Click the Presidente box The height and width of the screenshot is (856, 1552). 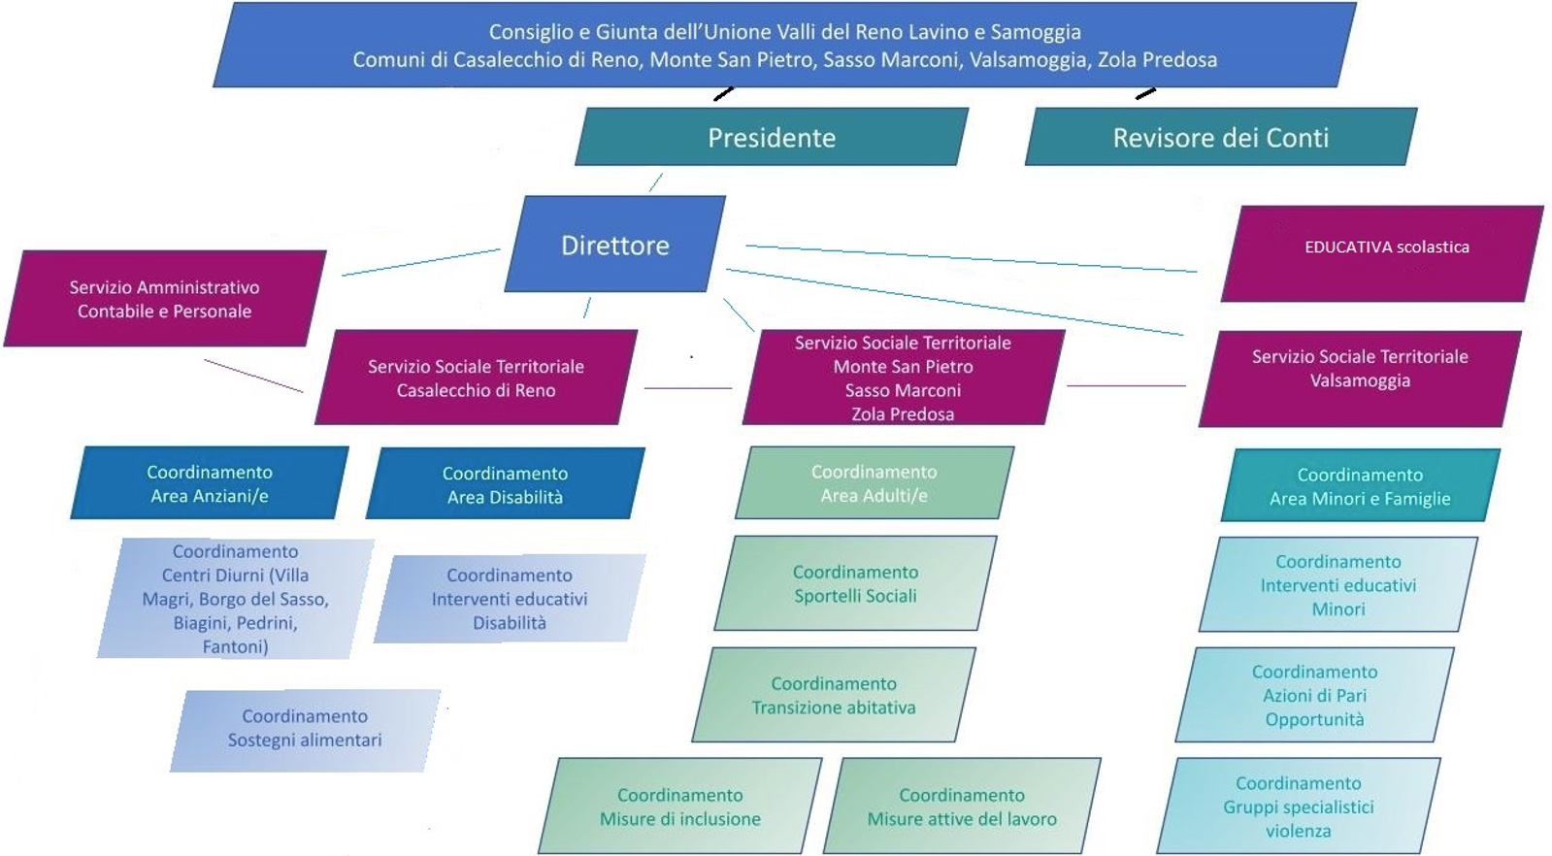[x=772, y=137]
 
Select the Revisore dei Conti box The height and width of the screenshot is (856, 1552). [x=1220, y=137]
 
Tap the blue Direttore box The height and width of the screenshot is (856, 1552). [x=615, y=245]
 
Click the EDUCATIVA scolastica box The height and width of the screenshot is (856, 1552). [x=1385, y=247]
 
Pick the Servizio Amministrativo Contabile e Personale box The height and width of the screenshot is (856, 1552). [x=165, y=299]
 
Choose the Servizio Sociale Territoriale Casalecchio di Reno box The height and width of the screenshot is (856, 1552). [x=476, y=378]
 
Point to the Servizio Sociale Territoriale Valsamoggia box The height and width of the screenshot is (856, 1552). [x=1359, y=369]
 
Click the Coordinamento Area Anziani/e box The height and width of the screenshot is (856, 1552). [x=210, y=483]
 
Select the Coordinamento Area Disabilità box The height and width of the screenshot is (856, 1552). [x=505, y=484]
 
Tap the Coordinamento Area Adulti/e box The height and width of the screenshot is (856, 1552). [x=874, y=483]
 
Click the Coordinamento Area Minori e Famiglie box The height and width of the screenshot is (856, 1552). [x=1360, y=486]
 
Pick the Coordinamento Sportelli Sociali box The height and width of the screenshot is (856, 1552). [x=855, y=583]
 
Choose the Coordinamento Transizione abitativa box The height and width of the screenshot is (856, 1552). [x=834, y=695]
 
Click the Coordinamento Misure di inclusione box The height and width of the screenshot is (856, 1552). [x=679, y=807]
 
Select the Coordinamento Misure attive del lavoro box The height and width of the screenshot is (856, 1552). [x=962, y=807]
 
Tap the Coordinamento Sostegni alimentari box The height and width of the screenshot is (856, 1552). [x=305, y=728]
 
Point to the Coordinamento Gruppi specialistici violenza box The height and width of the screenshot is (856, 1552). [x=1298, y=807]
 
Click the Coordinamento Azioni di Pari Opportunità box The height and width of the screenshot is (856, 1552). [x=1314, y=695]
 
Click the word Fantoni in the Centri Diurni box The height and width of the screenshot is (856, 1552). [x=234, y=646]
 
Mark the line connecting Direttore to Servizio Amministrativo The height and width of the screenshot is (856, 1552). [x=420, y=262]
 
